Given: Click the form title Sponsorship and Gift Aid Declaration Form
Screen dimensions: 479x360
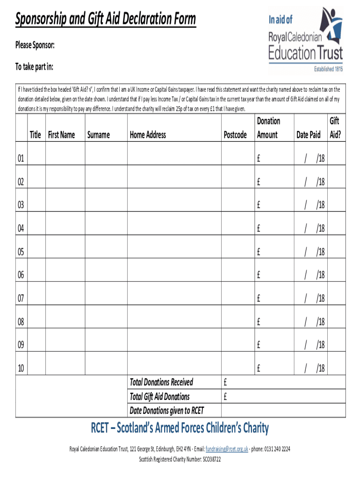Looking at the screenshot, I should (x=106, y=20).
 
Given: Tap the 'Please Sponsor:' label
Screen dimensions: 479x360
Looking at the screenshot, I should (x=35, y=45).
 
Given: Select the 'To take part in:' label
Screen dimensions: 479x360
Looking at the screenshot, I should (x=34, y=67).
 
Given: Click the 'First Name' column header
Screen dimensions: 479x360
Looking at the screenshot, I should (x=61, y=135).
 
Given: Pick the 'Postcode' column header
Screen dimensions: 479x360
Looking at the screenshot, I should (x=235, y=135).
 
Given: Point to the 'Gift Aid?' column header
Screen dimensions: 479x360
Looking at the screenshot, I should (x=334, y=128).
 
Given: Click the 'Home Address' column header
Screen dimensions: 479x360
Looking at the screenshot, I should (x=148, y=135).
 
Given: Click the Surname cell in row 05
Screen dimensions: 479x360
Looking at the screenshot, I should (x=106, y=252).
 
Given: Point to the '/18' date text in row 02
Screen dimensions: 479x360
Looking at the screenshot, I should (x=320, y=182).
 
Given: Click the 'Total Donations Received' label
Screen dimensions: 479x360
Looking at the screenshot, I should (x=161, y=382).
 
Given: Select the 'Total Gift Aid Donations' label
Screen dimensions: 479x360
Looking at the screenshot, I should (x=159, y=397).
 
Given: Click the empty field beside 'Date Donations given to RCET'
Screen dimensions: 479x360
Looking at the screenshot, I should (x=283, y=410).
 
